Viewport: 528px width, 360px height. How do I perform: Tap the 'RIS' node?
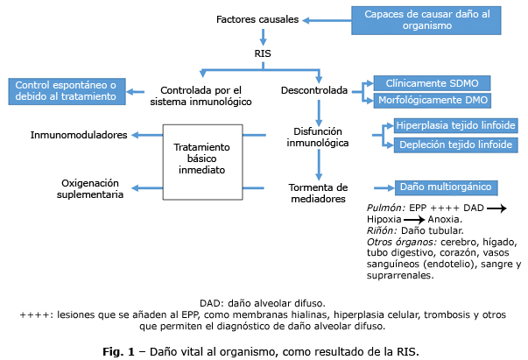point(263,54)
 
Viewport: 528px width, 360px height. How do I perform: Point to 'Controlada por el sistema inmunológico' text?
point(201,95)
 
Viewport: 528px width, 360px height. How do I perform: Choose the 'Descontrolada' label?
point(314,89)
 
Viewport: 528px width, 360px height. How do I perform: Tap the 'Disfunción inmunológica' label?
point(320,136)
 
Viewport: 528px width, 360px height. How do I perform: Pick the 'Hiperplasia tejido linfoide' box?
point(454,125)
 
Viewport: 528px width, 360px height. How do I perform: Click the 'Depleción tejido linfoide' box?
point(454,144)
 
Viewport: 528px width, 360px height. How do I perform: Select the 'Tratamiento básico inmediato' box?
point(201,159)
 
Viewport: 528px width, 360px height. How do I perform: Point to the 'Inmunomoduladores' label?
point(79,135)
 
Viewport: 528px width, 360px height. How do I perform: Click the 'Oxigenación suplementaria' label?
point(91,188)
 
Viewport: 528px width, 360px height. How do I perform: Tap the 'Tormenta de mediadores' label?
point(318,193)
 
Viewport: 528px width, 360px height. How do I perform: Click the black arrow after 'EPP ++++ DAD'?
point(497,207)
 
